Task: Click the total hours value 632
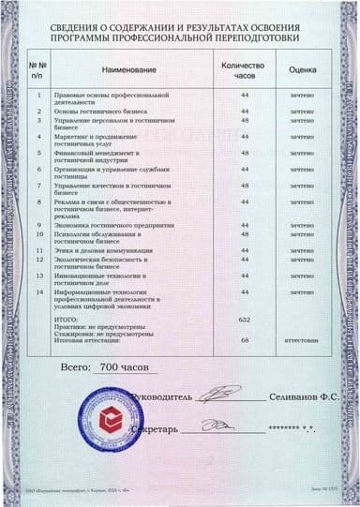[x=245, y=320]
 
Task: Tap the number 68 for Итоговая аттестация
[x=245, y=340]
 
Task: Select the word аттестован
[x=302, y=340]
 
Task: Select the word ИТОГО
[x=69, y=320]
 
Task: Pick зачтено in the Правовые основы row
[x=302, y=95]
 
